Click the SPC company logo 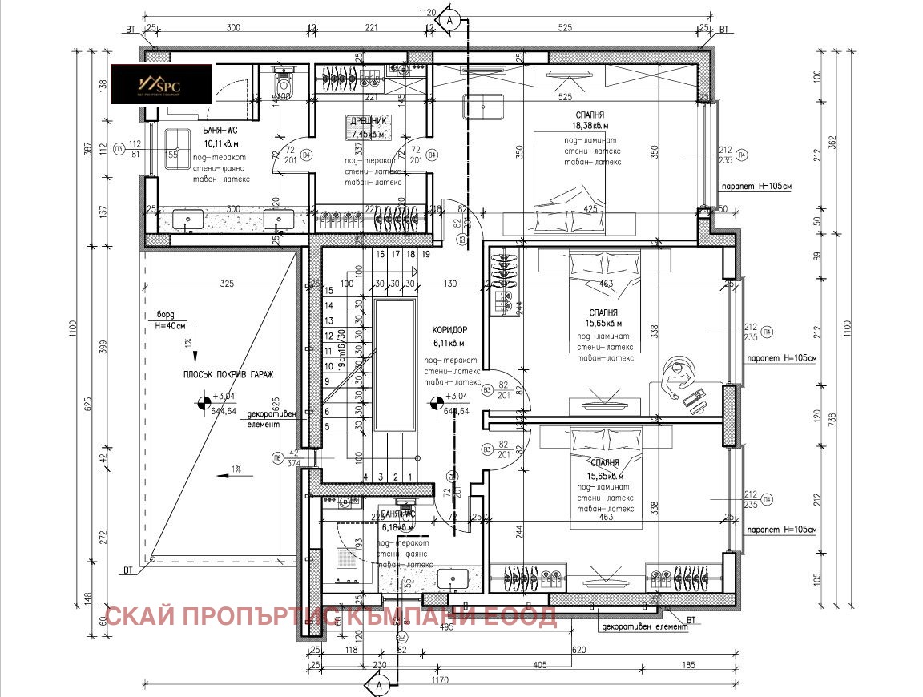[x=160, y=83]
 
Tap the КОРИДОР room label [x=449, y=330]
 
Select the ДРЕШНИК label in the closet [x=368, y=122]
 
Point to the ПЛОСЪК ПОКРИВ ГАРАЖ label [x=227, y=374]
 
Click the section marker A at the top [x=451, y=20]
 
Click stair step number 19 [x=427, y=254]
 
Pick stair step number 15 [x=328, y=291]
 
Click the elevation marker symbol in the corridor [x=435, y=404]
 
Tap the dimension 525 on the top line [x=566, y=27]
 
